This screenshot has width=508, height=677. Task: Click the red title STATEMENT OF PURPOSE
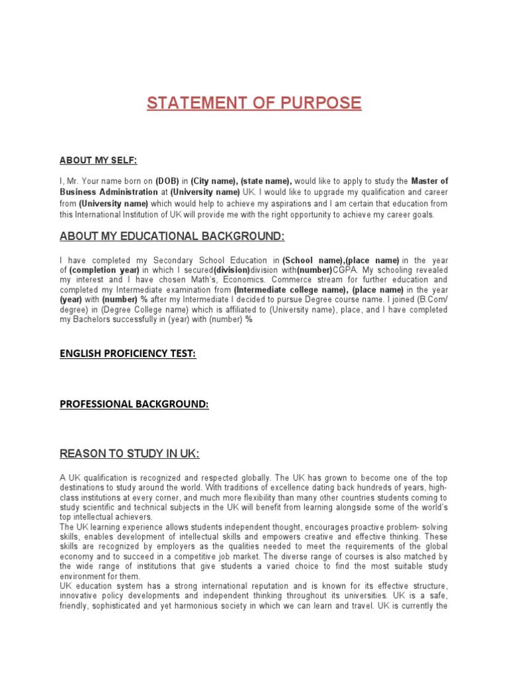tap(254, 103)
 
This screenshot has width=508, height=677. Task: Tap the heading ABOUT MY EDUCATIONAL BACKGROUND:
tap(173, 237)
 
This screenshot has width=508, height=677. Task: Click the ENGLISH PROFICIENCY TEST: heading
tap(128, 354)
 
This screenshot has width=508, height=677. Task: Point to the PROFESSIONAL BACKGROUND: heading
tap(134, 404)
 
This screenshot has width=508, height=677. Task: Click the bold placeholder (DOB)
tap(167, 180)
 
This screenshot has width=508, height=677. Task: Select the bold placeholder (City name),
tap(214, 180)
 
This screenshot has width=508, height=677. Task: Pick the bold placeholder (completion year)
tap(104, 270)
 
